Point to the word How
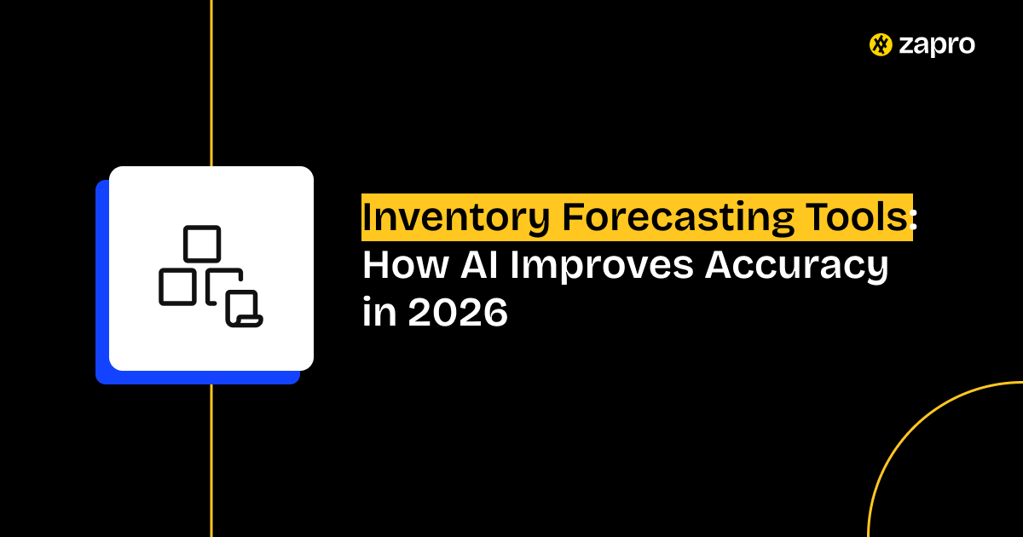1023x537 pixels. [x=405, y=265]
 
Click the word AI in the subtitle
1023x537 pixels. [x=478, y=265]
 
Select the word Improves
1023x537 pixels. [x=602, y=266]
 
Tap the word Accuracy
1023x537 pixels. [x=797, y=266]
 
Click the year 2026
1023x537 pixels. [x=458, y=312]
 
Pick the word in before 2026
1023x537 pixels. [x=379, y=311]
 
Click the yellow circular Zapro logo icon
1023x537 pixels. [x=881, y=44]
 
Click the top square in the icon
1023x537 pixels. [x=202, y=244]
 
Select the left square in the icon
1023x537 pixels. [x=177, y=286]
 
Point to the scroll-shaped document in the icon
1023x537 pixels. [x=245, y=309]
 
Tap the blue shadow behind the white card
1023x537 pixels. [x=102, y=283]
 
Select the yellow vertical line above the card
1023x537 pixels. [x=211, y=84]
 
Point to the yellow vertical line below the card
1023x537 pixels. [x=211, y=461]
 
